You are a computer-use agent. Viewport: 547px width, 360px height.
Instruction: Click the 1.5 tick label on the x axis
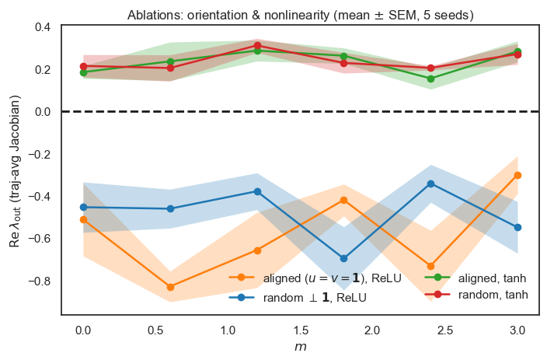[x=300, y=330]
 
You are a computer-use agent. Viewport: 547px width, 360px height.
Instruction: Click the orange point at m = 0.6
[x=170, y=288]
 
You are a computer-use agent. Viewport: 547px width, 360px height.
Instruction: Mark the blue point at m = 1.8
[x=344, y=258]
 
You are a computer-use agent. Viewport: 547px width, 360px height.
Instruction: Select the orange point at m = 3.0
[x=518, y=175]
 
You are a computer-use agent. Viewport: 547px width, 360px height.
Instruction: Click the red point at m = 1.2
[x=257, y=46]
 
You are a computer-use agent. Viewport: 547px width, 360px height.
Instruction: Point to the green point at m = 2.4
[x=431, y=79]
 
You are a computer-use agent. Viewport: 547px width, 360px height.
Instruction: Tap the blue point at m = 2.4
[x=431, y=183]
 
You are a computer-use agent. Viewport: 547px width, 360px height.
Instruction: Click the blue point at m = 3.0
[x=518, y=227]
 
